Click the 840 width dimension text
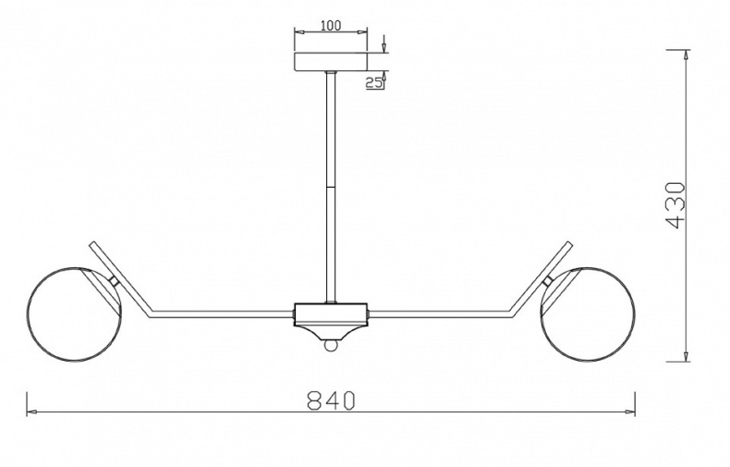tap(331, 400)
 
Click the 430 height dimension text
tap(676, 205)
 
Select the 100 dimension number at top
tap(331, 25)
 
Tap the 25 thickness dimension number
tap(373, 83)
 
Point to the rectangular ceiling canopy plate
tap(331, 62)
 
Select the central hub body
tap(331, 315)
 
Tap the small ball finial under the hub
tap(331, 345)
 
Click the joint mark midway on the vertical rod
tap(331, 187)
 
